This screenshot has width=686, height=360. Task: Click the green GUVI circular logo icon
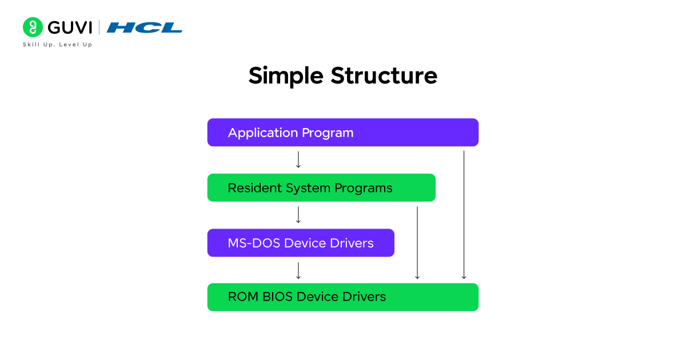tap(33, 27)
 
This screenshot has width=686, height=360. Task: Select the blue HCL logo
tap(144, 27)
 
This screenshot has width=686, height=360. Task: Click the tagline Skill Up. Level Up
tap(57, 45)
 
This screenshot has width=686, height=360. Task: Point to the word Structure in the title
tap(384, 76)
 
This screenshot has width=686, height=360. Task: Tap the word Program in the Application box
tap(328, 133)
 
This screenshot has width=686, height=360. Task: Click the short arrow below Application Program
tap(298, 159)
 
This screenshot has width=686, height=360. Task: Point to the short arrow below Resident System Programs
tap(298, 215)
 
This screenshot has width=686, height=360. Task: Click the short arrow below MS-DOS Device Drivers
tap(298, 270)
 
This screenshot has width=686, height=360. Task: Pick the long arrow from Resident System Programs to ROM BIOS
tap(417, 243)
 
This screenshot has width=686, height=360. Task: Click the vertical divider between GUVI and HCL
tap(99, 27)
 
